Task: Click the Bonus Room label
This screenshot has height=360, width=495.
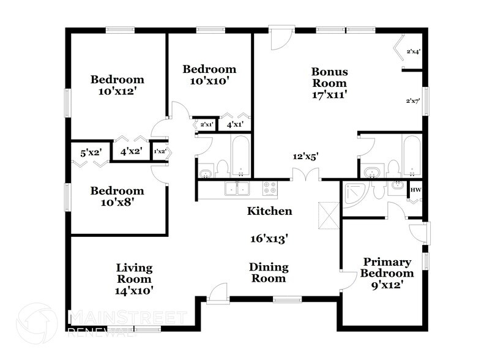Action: pyautogui.click(x=329, y=77)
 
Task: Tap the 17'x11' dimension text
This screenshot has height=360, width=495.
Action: pyautogui.click(x=329, y=95)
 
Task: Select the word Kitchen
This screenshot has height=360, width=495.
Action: pyautogui.click(x=269, y=211)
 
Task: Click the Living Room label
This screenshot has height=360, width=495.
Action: pyautogui.click(x=135, y=274)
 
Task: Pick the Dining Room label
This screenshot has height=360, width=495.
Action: pyautogui.click(x=268, y=272)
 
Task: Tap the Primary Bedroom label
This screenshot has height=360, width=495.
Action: pyautogui.click(x=386, y=267)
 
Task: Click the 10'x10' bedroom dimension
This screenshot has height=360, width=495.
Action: pyautogui.click(x=209, y=81)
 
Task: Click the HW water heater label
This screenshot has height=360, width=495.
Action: pyautogui.click(x=415, y=190)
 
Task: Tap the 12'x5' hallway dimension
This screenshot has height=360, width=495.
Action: pyautogui.click(x=305, y=156)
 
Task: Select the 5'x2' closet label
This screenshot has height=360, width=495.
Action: pyautogui.click(x=90, y=151)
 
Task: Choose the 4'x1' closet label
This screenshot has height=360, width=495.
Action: pyautogui.click(x=235, y=125)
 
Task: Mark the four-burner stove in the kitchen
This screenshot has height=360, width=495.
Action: pyautogui.click(x=270, y=188)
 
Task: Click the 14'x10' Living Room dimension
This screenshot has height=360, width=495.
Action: pyautogui.click(x=135, y=291)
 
